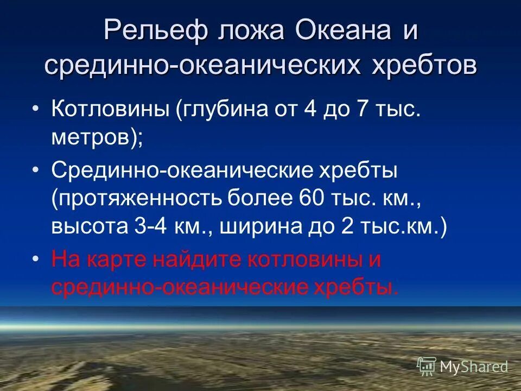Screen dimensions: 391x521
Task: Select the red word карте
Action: click(116, 260)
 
